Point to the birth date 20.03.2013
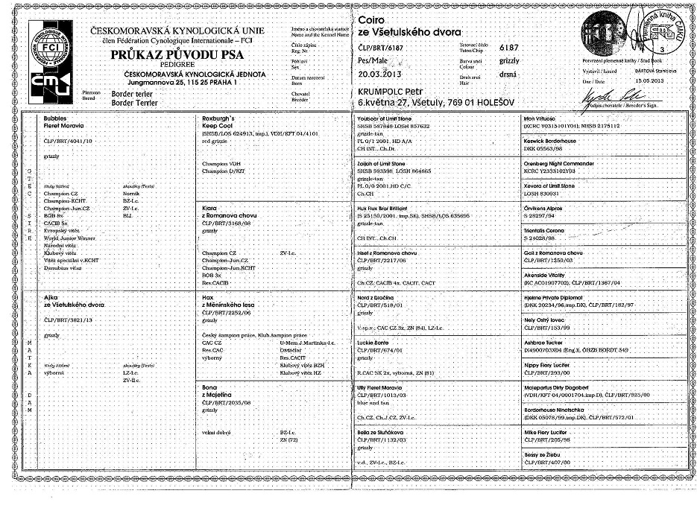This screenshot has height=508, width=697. coord(382,75)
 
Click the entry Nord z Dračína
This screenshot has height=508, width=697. coord(376,296)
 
